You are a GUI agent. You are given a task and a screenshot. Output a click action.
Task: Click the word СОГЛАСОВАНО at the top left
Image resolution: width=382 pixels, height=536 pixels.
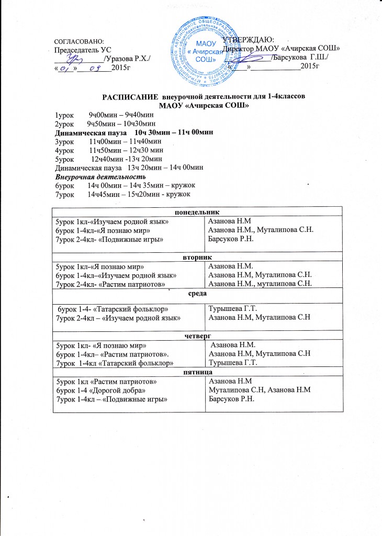tap(80, 41)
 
